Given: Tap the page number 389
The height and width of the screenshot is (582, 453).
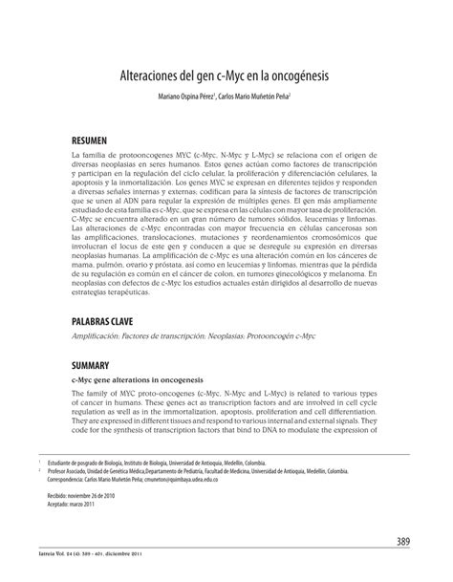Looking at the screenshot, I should coord(402,542).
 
